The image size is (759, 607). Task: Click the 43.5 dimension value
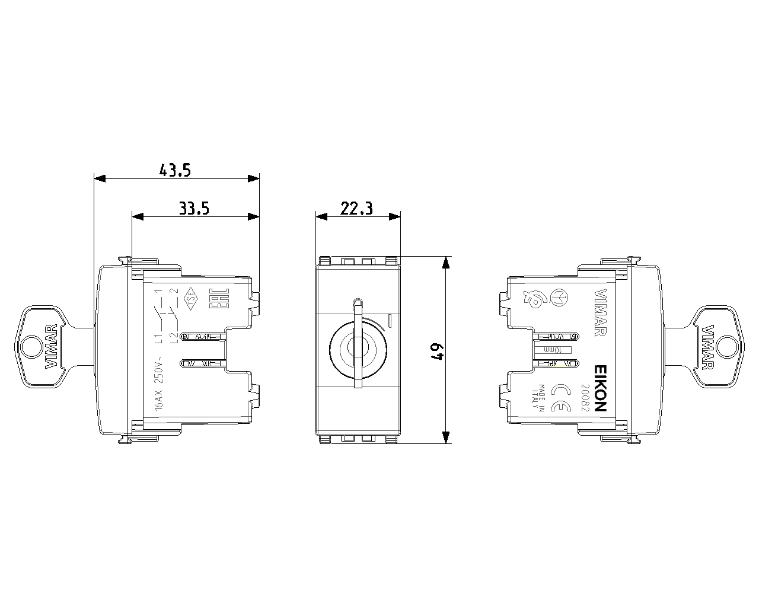(175, 171)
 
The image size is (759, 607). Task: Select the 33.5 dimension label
(194, 209)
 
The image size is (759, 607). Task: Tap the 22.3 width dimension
(356, 209)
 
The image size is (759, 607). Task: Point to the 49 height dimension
(438, 350)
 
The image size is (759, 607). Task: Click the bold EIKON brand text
(599, 388)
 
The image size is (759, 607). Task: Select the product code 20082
(584, 397)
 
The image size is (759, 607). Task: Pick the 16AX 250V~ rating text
(158, 382)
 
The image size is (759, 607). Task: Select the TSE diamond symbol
(191, 299)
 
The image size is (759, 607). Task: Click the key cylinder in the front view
(358, 348)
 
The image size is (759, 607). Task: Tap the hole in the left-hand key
(29, 346)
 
